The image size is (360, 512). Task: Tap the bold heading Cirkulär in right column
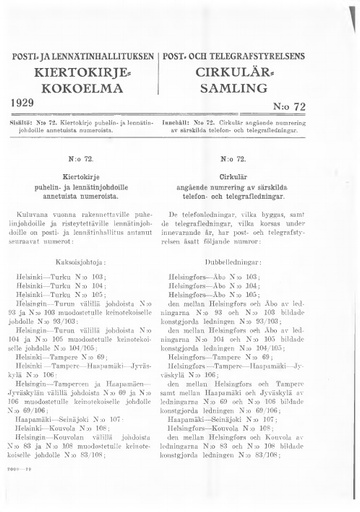coord(265,172)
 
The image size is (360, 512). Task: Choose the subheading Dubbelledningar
coord(265,258)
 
